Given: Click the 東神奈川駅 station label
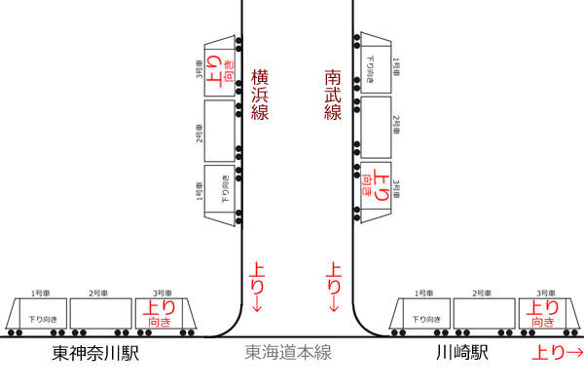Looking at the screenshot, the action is pyautogui.click(x=95, y=353).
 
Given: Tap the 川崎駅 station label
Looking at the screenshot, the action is pyautogui.click(x=461, y=352).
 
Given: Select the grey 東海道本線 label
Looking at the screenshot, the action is pyautogui.click(x=288, y=352).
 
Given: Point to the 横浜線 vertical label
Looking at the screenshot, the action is pyautogui.click(x=260, y=95).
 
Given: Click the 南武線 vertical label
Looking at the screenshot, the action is pyautogui.click(x=333, y=95).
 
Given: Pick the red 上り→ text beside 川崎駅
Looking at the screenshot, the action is pyautogui.click(x=557, y=352).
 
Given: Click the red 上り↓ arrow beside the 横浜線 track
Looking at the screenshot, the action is pyautogui.click(x=257, y=288).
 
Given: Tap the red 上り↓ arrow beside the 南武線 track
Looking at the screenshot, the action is pyautogui.click(x=334, y=288).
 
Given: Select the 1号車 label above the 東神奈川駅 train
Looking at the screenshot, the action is pyautogui.click(x=40, y=293).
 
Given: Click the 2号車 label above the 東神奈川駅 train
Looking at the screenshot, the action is pyautogui.click(x=98, y=293).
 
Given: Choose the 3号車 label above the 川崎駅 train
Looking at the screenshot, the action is pyautogui.click(x=546, y=293).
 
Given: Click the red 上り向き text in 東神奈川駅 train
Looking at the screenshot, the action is pyautogui.click(x=160, y=313).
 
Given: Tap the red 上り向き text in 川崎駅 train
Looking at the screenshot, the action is pyautogui.click(x=543, y=313).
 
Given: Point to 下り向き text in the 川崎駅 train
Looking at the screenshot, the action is pyautogui.click(x=426, y=320).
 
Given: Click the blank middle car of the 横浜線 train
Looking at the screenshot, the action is pyautogui.click(x=220, y=131).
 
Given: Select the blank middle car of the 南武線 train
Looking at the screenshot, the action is pyautogui.click(x=376, y=128).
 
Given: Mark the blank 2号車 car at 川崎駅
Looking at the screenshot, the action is pyautogui.click(x=484, y=313).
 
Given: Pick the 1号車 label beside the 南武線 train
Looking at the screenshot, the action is pyautogui.click(x=396, y=67).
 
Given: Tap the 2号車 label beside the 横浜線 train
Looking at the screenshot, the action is pyautogui.click(x=200, y=134).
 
